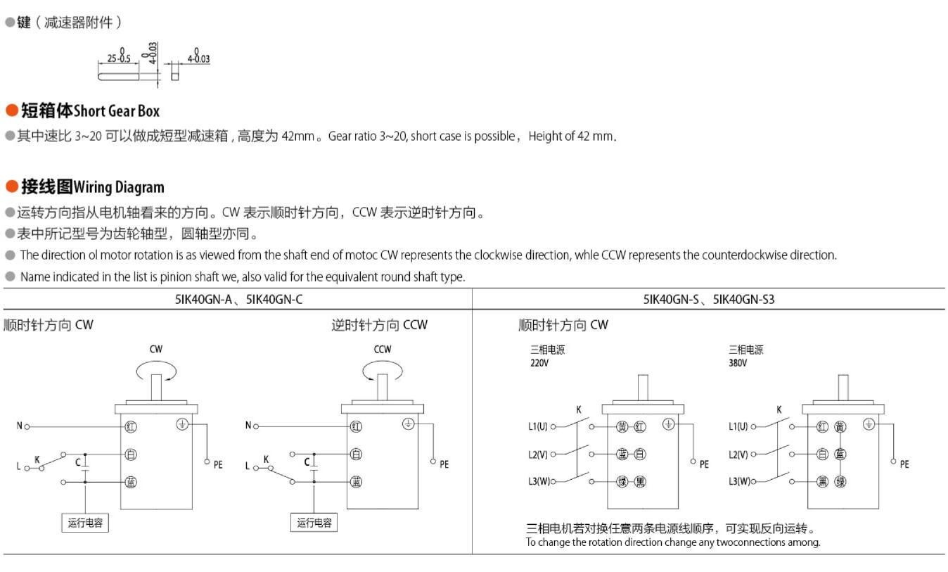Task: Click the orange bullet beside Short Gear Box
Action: (x=12, y=110)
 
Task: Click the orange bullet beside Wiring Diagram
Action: (x=12, y=186)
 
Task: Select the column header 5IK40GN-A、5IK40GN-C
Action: (x=238, y=300)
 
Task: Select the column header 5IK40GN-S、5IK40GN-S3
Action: (x=709, y=300)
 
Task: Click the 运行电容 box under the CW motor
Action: (x=85, y=523)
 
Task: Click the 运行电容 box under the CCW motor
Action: (x=314, y=523)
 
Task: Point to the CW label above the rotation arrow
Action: (x=155, y=349)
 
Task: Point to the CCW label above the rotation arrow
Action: (x=383, y=349)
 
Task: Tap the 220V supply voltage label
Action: (x=539, y=363)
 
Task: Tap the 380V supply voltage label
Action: (x=738, y=363)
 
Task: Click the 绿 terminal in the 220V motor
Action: (x=622, y=482)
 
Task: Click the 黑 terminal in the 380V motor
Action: (x=822, y=482)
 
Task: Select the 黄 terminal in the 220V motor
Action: (x=622, y=426)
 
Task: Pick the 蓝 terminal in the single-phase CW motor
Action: (x=131, y=482)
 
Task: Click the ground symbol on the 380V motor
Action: (x=869, y=424)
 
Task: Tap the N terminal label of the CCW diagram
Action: (x=248, y=426)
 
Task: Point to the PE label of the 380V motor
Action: (x=904, y=464)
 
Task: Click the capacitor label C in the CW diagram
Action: (x=78, y=462)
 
